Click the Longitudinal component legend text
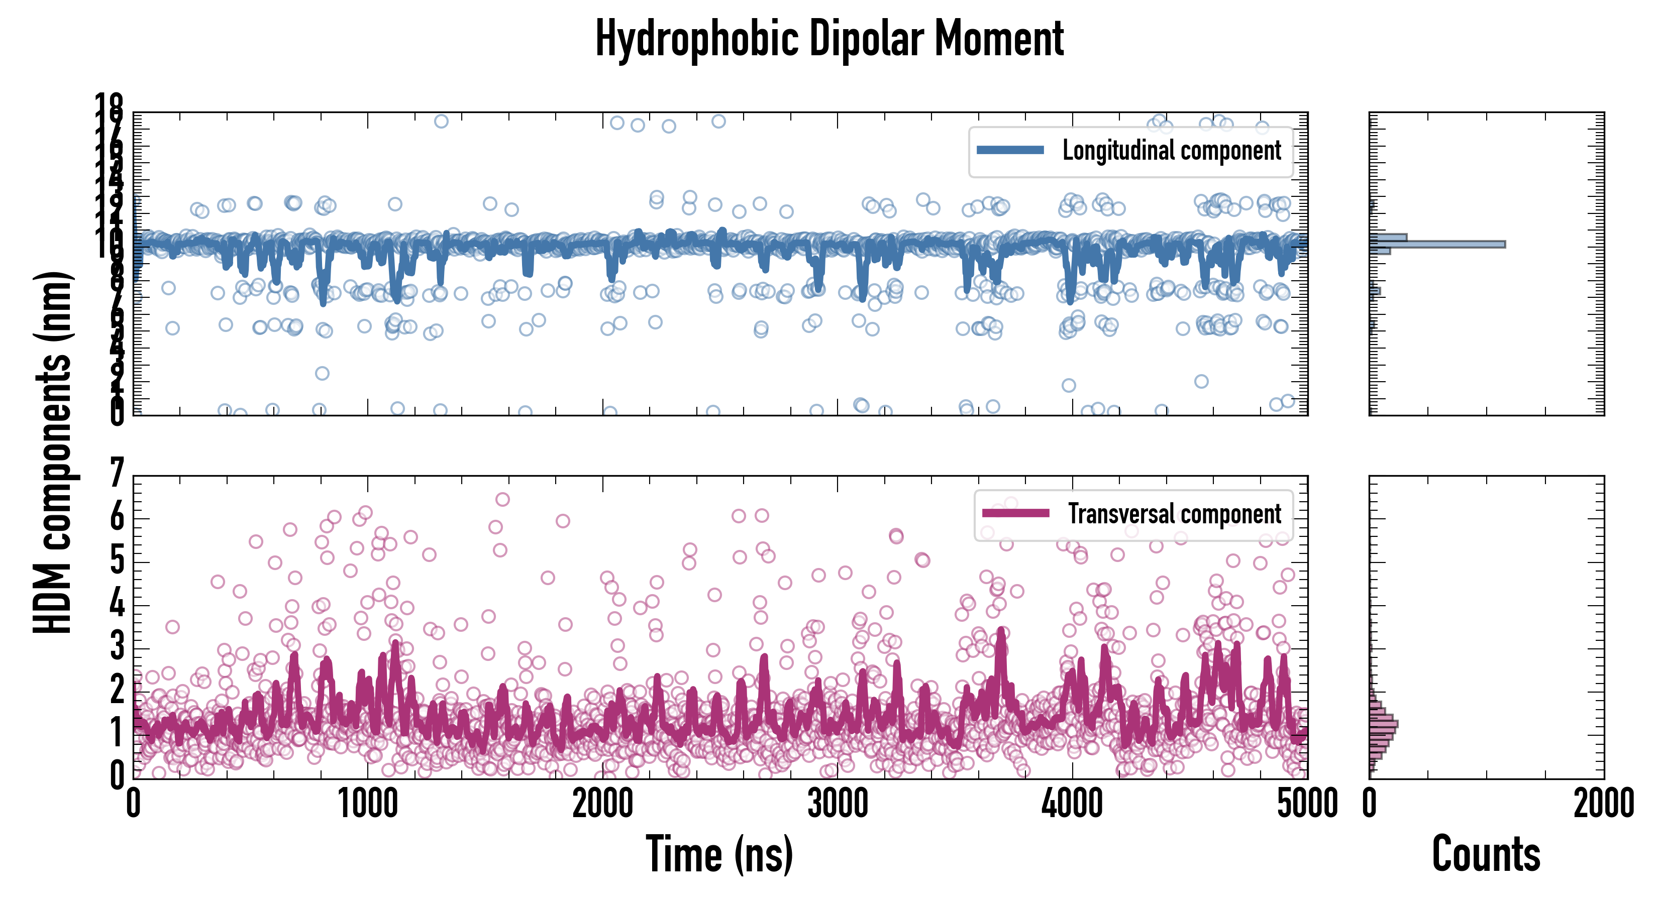(1172, 151)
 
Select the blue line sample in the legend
(1010, 151)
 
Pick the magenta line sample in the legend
(1016, 513)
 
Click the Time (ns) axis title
(719, 854)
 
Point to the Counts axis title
(1486, 854)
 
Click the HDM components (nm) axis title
(53, 453)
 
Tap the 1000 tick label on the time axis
(367, 804)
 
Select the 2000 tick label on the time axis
(602, 804)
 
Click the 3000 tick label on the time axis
(838, 804)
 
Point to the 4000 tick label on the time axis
(1072, 804)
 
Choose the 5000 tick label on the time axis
(1307, 804)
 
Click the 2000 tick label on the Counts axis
(1603, 804)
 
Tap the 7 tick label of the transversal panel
(117, 474)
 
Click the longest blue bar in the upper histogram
(1436, 245)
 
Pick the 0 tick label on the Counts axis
(1370, 804)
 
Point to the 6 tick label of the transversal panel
(117, 517)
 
